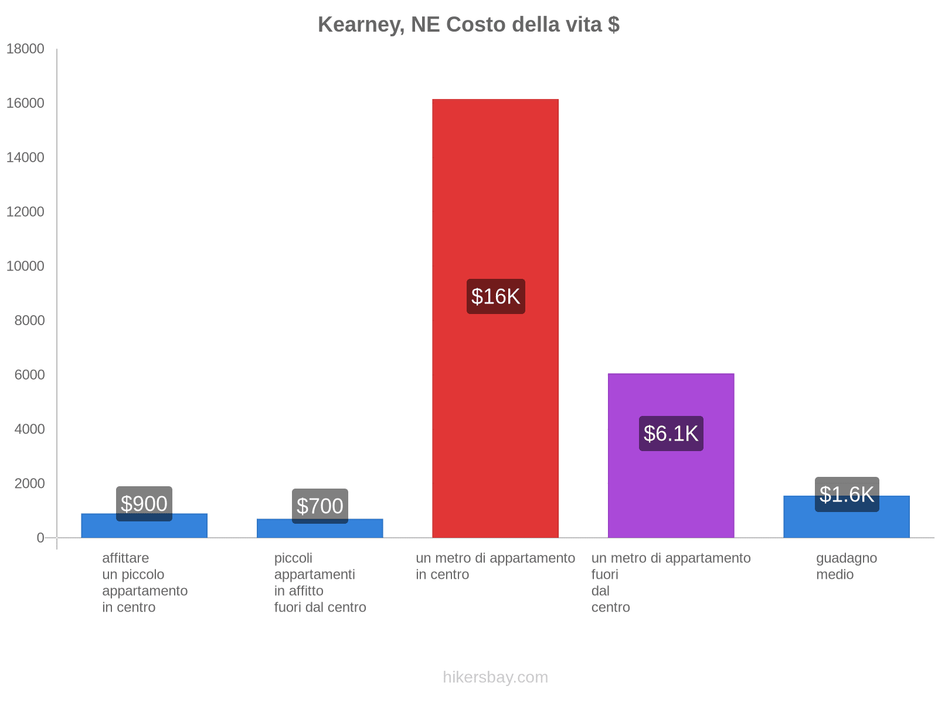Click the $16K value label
point(495,296)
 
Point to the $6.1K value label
point(671,434)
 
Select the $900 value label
point(144,504)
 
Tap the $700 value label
point(320,506)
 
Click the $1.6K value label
point(846,494)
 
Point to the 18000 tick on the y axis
point(25,49)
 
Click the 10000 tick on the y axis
point(25,266)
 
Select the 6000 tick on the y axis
point(29,375)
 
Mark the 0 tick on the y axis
point(40,538)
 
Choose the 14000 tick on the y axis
point(25,158)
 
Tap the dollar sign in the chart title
point(613,25)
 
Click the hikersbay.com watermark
point(495,677)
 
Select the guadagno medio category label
point(846,566)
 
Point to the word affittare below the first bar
point(125,558)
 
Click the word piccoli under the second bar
point(293,558)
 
